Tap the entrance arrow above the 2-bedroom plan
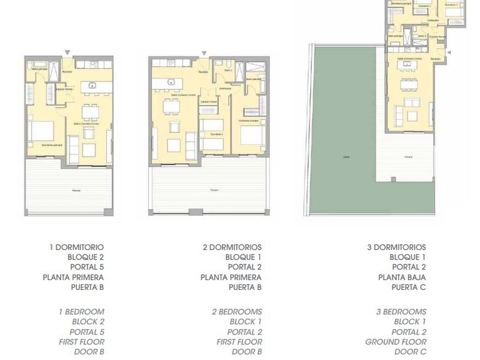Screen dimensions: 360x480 click(204, 53)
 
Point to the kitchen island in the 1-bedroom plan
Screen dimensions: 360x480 click(92, 84)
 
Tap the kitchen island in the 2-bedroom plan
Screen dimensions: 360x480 click(170, 83)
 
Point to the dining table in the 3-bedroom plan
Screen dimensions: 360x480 click(409, 83)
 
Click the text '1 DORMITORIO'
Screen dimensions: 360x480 click(76, 247)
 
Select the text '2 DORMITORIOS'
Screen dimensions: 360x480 click(232, 247)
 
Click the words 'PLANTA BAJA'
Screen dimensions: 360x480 click(402, 277)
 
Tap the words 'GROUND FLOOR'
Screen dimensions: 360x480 click(396, 342)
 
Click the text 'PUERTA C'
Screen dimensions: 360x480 click(409, 287)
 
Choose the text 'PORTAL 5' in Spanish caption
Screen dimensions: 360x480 click(86, 267)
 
